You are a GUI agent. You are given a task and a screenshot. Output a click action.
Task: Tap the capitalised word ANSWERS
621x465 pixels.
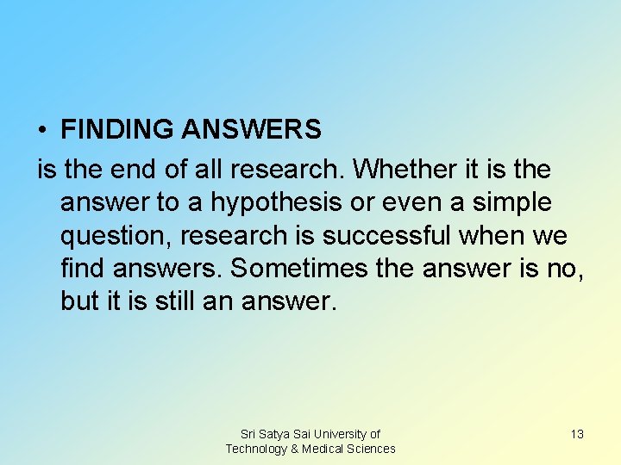click(x=252, y=130)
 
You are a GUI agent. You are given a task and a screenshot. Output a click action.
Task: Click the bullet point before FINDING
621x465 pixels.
click(x=41, y=131)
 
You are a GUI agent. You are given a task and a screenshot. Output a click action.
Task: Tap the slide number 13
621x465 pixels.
click(x=577, y=434)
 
